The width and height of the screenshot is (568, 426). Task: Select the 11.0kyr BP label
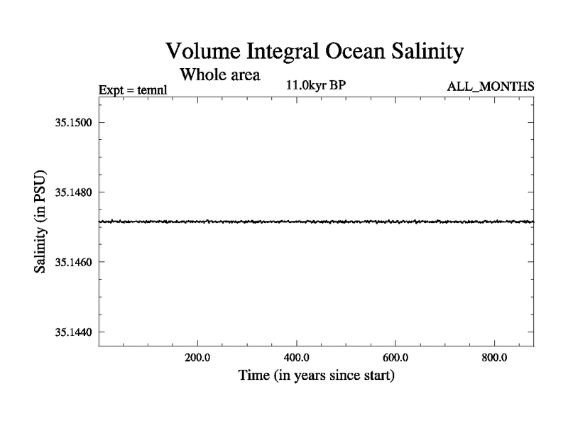point(316,86)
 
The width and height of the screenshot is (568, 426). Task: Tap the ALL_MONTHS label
point(490,87)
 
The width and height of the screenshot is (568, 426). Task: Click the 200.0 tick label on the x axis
point(197,358)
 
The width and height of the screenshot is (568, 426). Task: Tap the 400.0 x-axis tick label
point(296,358)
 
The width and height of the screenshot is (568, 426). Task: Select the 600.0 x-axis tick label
point(395,358)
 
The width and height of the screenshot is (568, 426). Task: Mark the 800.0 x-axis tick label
point(493,358)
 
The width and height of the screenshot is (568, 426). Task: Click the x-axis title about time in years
point(316,375)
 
